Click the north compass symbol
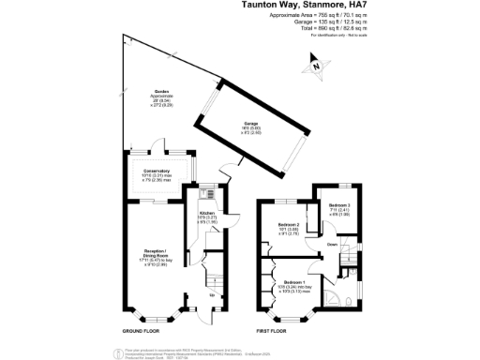click(x=317, y=66)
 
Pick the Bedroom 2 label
click(x=289, y=225)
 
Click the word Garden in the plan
click(x=162, y=91)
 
